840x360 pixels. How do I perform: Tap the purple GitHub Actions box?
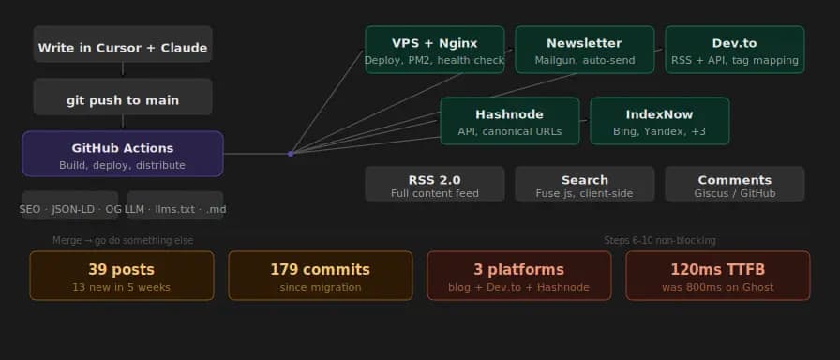pyautogui.click(x=123, y=154)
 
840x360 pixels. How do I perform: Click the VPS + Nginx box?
pyautogui.click(x=434, y=50)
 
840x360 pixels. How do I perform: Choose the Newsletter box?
pyautogui.click(x=584, y=50)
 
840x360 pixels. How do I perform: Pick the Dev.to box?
pyautogui.click(x=734, y=50)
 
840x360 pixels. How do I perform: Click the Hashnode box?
pyautogui.click(x=509, y=121)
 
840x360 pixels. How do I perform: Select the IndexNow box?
pyautogui.click(x=659, y=121)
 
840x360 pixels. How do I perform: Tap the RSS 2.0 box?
pyautogui.click(x=434, y=184)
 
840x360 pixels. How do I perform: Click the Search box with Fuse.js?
pyautogui.click(x=584, y=184)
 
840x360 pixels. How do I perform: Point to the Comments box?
pyautogui.click(x=734, y=184)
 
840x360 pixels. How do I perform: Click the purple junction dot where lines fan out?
pyautogui.click(x=291, y=153)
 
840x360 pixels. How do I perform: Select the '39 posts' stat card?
pyautogui.click(x=123, y=276)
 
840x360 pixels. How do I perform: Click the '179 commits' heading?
pyautogui.click(x=320, y=270)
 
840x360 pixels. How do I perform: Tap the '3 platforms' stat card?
pyautogui.click(x=518, y=276)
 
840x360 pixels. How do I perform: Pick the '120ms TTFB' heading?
pyautogui.click(x=717, y=270)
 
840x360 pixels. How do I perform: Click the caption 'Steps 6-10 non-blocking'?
pyautogui.click(x=660, y=240)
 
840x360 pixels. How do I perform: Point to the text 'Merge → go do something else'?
pyautogui.click(x=123, y=240)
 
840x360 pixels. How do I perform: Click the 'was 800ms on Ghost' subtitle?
pyautogui.click(x=717, y=287)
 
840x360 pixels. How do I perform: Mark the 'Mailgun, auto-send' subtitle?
pyautogui.click(x=584, y=61)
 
